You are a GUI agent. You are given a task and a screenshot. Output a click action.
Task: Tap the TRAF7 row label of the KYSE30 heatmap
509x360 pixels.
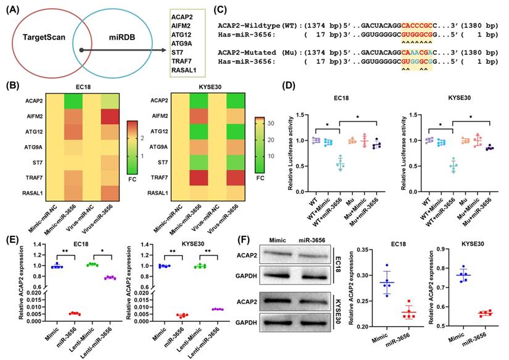[157, 177]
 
